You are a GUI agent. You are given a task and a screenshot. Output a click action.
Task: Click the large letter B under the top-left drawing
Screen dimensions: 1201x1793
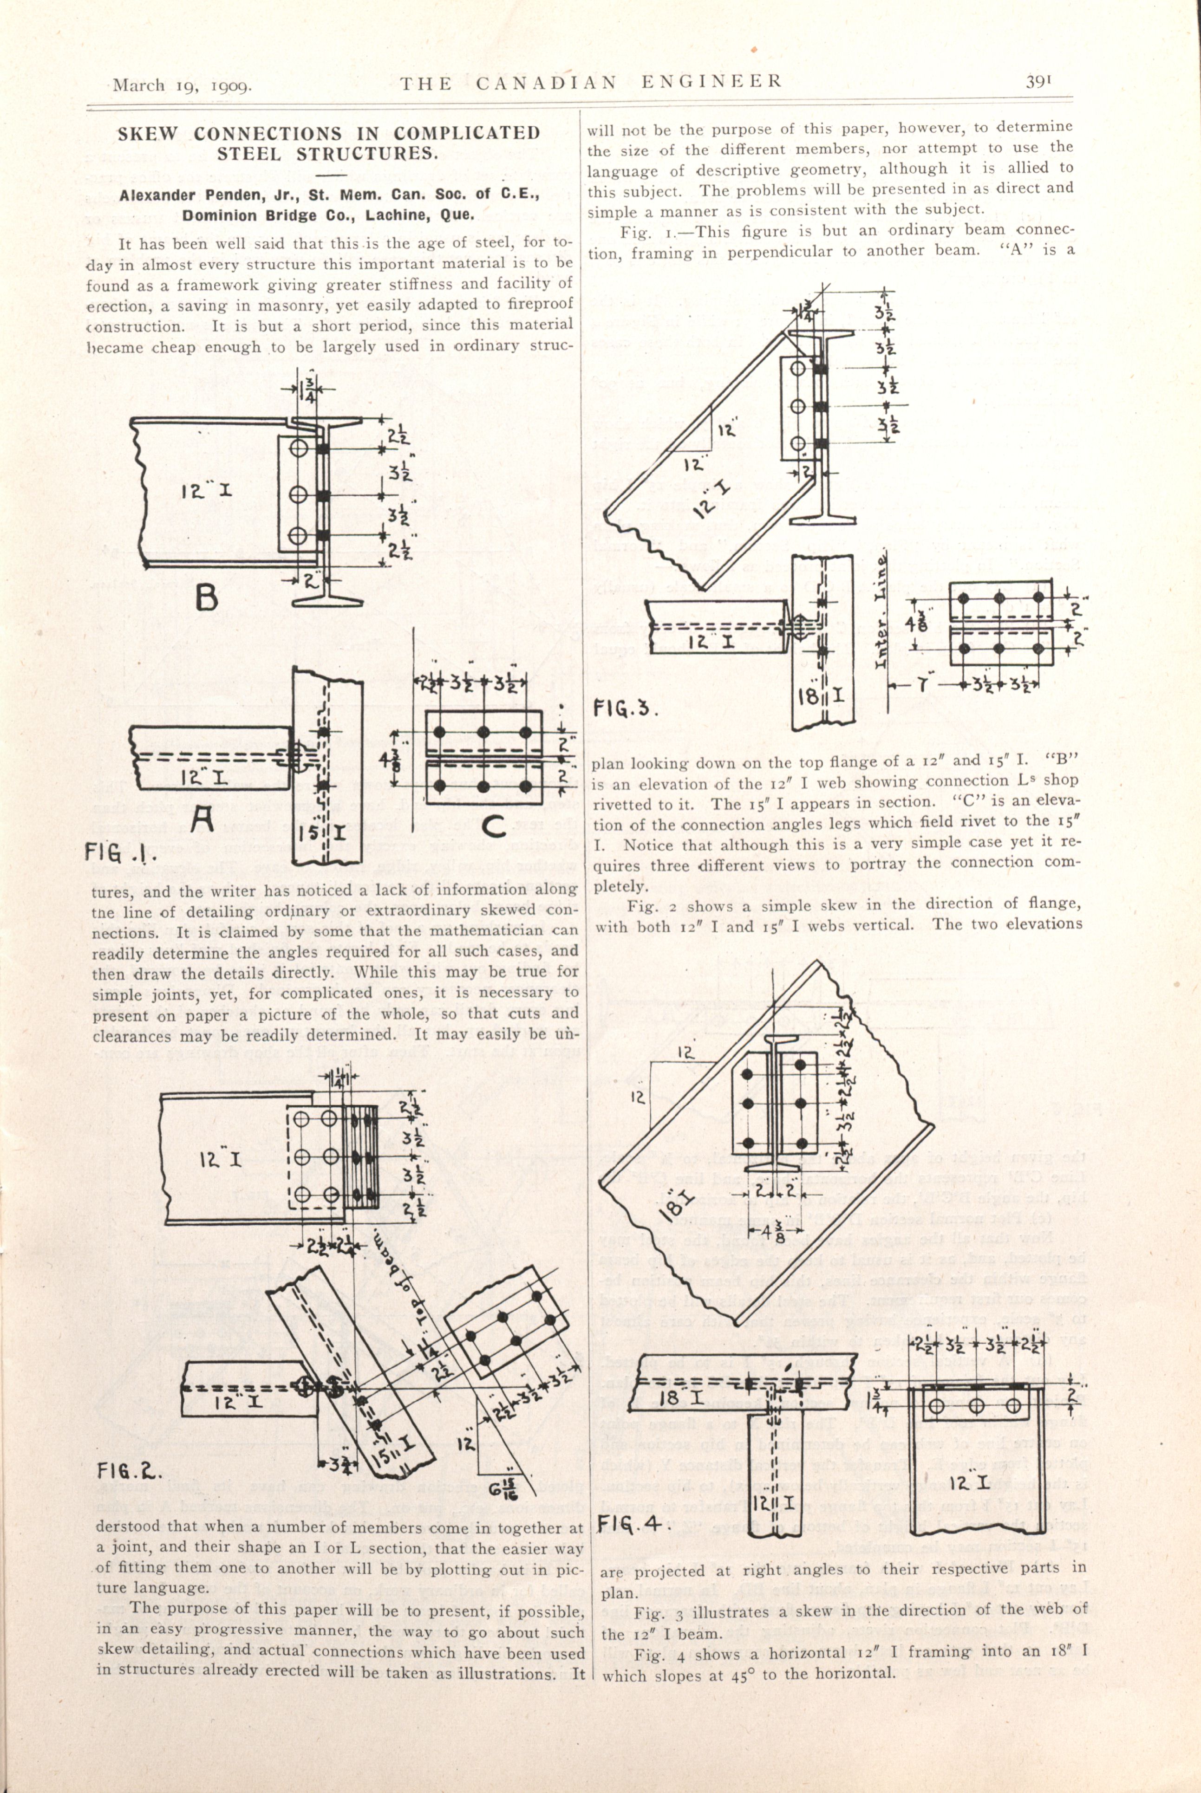(x=206, y=597)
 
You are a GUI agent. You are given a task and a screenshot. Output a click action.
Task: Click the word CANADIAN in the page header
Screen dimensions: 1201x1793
(x=546, y=82)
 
